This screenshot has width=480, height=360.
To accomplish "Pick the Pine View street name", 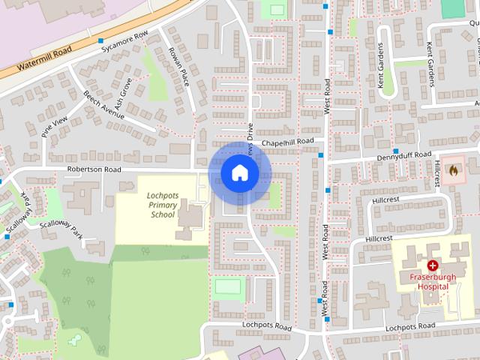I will [54, 127].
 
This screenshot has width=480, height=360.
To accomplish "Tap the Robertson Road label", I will [94, 170].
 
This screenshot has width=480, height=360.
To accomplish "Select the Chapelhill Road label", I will [288, 142].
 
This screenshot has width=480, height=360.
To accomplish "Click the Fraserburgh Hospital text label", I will [433, 281].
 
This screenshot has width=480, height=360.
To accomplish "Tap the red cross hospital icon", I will [433, 265].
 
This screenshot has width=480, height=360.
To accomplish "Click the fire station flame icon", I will [452, 170].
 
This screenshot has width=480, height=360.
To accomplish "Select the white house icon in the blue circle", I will [239, 172].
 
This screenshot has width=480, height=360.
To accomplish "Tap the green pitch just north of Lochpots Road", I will [228, 286].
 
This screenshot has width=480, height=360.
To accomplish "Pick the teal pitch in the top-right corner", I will [453, 8].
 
